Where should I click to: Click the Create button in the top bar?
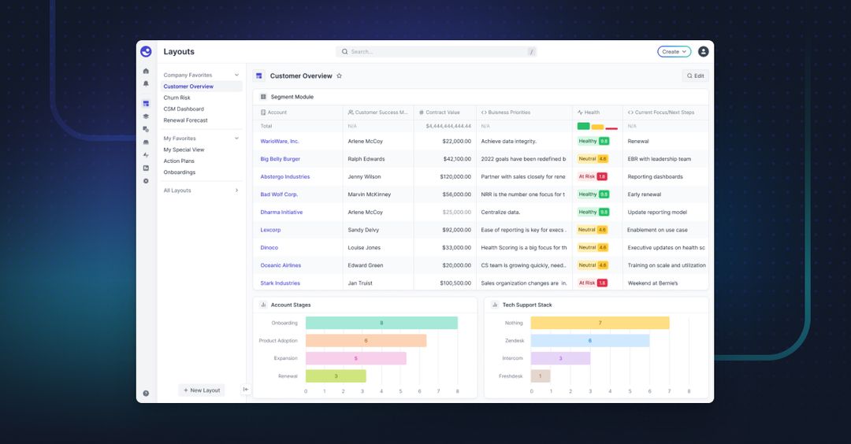coord(674,52)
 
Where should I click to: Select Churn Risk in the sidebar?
coord(177,98)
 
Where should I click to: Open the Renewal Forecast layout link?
coord(186,120)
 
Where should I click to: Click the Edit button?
coord(695,76)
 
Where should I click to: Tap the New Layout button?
coord(202,390)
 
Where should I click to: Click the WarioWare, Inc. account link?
coord(280,142)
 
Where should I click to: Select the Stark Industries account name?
coord(281,283)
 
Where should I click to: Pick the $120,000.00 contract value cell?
coord(445,177)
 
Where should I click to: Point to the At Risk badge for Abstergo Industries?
coord(593,177)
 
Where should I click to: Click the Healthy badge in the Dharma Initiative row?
coord(593,213)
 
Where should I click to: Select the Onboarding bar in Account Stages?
coord(381,323)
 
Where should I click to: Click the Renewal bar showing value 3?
coord(336,376)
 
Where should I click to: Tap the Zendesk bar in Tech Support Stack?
coord(590,341)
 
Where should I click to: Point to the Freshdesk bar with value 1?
coord(541,376)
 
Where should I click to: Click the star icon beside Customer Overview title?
coord(340,76)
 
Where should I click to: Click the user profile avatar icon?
coord(704,52)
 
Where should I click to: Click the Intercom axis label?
coord(512,358)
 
